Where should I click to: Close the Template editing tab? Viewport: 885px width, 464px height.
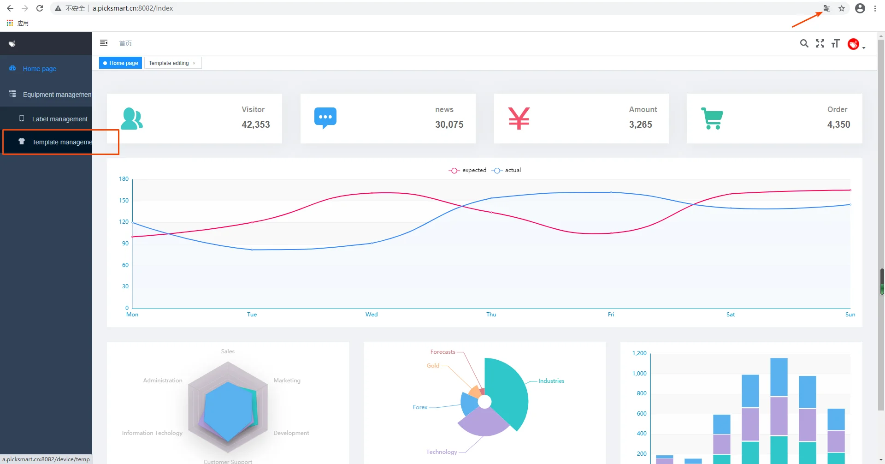(194, 64)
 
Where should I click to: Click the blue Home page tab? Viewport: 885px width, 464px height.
(120, 63)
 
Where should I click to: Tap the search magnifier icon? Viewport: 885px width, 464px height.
(804, 43)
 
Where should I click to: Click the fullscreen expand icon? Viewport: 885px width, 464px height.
(820, 43)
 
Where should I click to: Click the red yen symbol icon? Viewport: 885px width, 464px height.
(519, 118)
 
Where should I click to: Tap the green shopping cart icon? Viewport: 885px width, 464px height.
(712, 118)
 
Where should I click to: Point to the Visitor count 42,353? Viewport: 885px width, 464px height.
(256, 125)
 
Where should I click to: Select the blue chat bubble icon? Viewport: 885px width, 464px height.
(325, 118)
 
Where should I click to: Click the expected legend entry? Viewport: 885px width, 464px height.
(467, 170)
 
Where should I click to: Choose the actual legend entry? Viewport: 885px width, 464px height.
(506, 170)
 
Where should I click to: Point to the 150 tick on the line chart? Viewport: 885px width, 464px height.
(124, 201)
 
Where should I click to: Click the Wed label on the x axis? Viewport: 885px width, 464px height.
(372, 315)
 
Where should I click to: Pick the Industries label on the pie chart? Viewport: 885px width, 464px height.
(551, 381)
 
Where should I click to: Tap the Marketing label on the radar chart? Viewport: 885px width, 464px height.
(287, 381)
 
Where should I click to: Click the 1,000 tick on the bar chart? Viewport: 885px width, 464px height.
(639, 374)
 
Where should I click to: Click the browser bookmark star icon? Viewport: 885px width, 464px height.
(842, 8)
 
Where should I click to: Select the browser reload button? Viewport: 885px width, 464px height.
(40, 8)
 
